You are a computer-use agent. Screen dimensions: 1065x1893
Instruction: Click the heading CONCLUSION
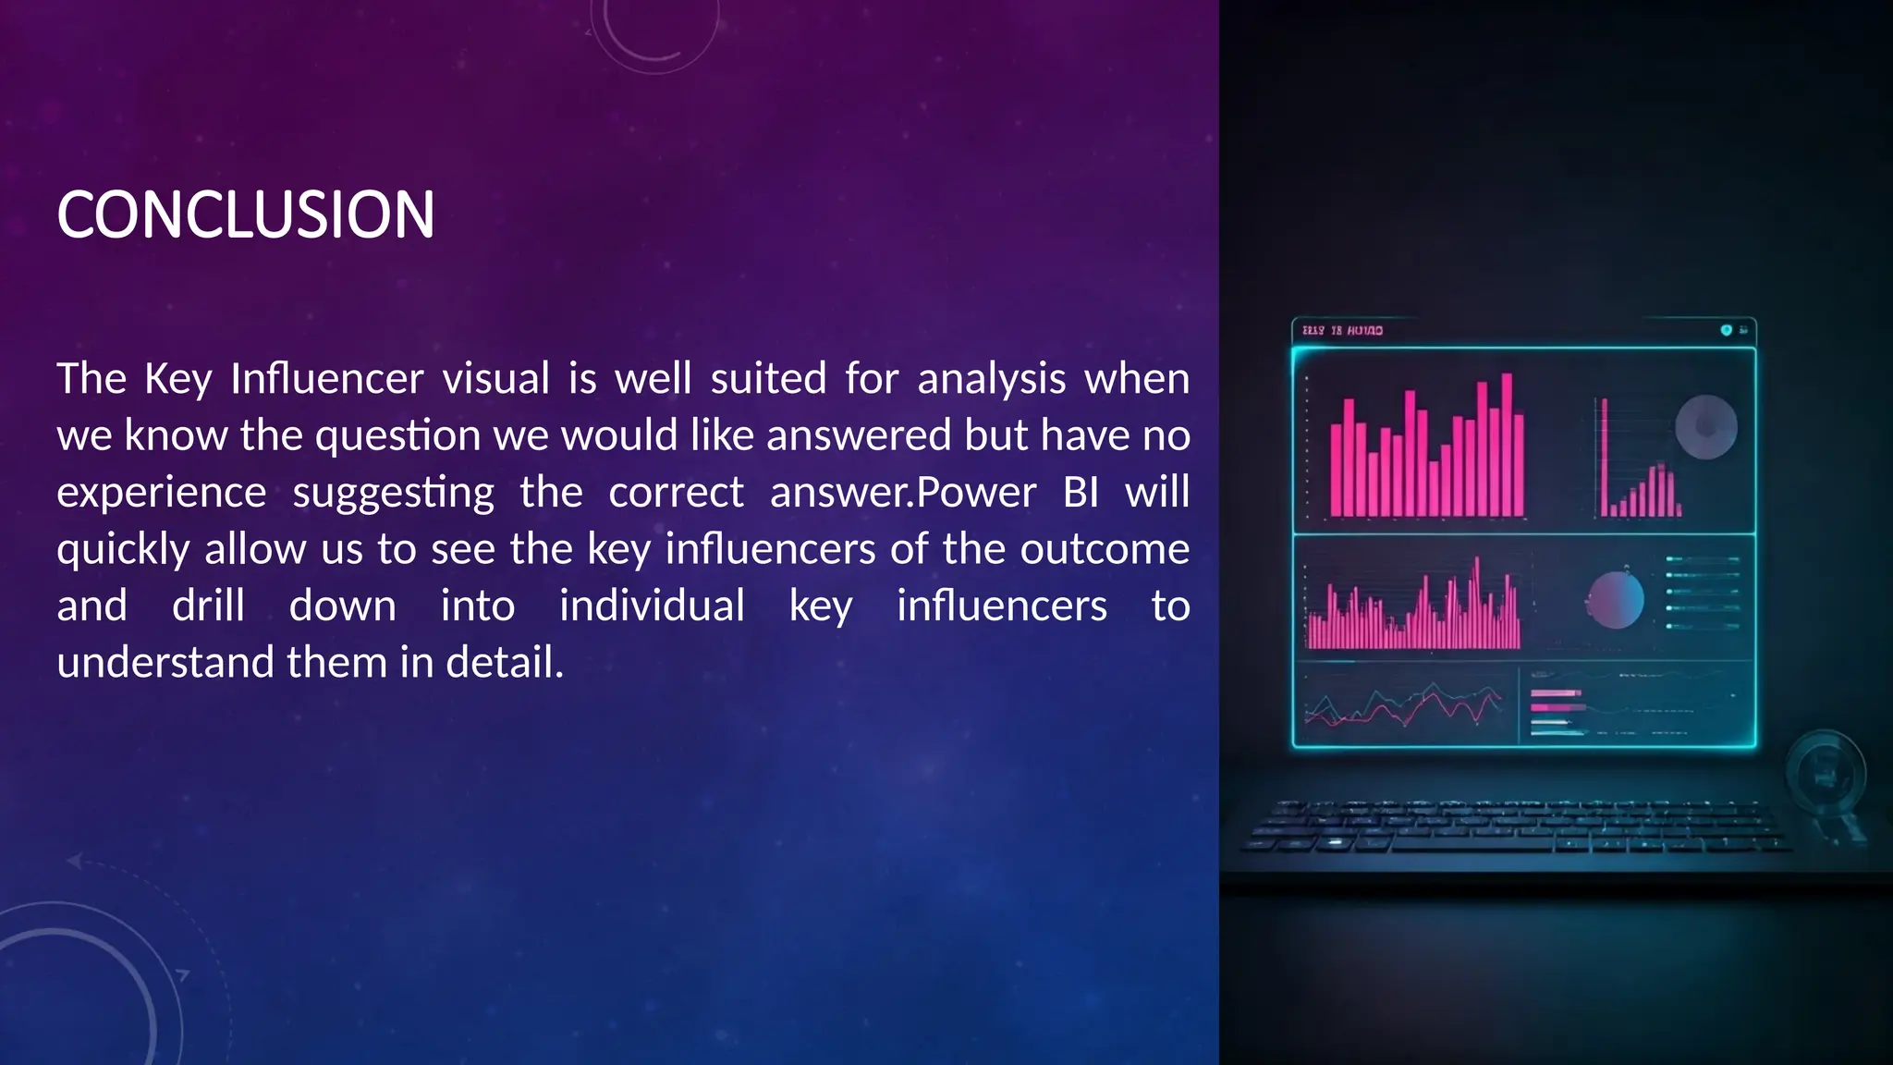(246, 214)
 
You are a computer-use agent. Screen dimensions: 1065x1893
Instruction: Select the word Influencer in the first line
(327, 378)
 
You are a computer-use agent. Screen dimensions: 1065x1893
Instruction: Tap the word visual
(496, 378)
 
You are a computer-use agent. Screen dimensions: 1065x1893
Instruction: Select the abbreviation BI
(1081, 492)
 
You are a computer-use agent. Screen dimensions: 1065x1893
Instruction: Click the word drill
(208, 606)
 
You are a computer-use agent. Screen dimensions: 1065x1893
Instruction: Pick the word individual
(652, 606)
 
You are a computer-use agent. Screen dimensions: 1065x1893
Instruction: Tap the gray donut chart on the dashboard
(1705, 427)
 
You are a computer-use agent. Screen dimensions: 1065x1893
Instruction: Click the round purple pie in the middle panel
(1616, 600)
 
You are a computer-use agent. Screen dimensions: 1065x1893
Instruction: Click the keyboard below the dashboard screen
(1516, 826)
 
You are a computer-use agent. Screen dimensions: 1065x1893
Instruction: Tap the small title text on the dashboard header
(1342, 330)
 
